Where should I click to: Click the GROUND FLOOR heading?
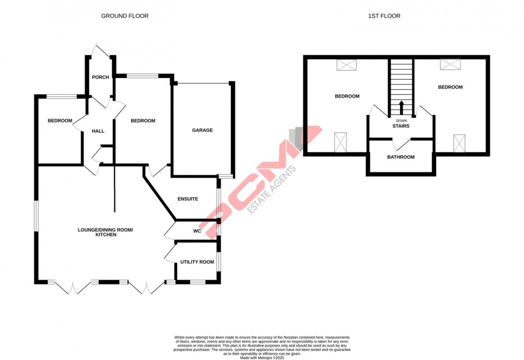point(125,16)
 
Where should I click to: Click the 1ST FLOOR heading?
point(384,16)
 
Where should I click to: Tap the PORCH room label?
point(101,78)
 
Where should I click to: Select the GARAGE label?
point(202,130)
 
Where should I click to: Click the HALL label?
point(98,131)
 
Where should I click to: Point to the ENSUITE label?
point(188,199)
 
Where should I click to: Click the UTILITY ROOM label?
point(197,262)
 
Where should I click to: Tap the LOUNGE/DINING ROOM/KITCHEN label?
point(105,232)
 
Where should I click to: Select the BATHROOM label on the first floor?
point(400,157)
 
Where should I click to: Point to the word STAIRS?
point(400,126)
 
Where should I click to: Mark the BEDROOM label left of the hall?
point(59,121)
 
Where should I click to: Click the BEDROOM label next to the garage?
point(143,121)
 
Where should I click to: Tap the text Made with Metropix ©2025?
point(261,357)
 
